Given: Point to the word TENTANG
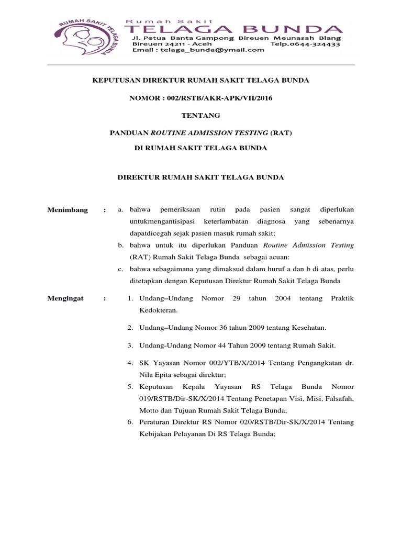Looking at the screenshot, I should [x=200, y=115].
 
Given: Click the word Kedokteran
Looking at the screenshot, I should [x=156, y=310].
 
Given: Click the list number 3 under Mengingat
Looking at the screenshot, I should [x=130, y=345].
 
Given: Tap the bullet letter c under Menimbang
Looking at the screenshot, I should [x=120, y=269].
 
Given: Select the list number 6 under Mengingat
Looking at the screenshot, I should [x=130, y=422].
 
